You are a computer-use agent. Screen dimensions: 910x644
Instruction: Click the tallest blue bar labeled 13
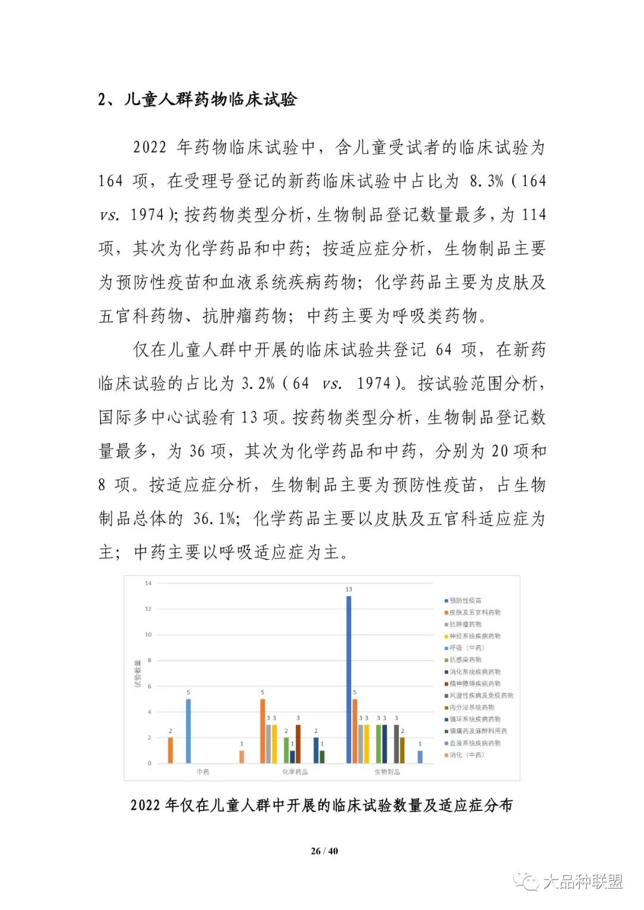pyautogui.click(x=349, y=679)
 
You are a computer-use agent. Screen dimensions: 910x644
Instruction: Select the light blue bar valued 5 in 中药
pyautogui.click(x=188, y=731)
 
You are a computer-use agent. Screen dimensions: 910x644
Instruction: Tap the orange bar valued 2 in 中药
pyautogui.click(x=171, y=750)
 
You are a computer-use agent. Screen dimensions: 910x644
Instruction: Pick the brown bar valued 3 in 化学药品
pyautogui.click(x=298, y=743)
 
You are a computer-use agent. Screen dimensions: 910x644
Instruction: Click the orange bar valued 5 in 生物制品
pyautogui.click(x=355, y=731)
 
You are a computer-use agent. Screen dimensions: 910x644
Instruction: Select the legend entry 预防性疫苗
pyautogui.click(x=465, y=601)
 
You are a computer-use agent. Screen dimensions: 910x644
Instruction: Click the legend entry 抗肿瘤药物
pyautogui.click(x=465, y=625)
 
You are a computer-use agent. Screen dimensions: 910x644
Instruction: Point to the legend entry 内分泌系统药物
pyautogui.click(x=471, y=707)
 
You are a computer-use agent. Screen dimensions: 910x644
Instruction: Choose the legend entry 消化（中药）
pyautogui.click(x=466, y=755)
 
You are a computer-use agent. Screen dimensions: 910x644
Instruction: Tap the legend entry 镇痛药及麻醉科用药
pyautogui.click(x=478, y=731)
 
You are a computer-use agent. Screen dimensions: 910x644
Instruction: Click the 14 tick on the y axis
pyautogui.click(x=148, y=583)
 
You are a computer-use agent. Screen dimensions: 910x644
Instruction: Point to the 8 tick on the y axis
pyautogui.click(x=149, y=660)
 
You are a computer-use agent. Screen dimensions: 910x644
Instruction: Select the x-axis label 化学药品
pyautogui.click(x=295, y=772)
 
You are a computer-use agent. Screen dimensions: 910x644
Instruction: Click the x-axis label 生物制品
pyautogui.click(x=387, y=772)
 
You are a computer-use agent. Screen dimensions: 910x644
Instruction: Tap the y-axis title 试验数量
pyautogui.click(x=137, y=673)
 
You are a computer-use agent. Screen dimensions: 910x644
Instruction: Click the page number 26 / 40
pyautogui.click(x=324, y=851)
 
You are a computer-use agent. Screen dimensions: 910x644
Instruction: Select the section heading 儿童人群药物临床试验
pyautogui.click(x=210, y=99)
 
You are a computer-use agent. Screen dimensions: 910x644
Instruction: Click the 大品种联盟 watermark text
pyautogui.click(x=583, y=881)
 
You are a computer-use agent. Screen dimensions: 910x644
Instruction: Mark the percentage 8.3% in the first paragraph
pyautogui.click(x=487, y=181)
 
